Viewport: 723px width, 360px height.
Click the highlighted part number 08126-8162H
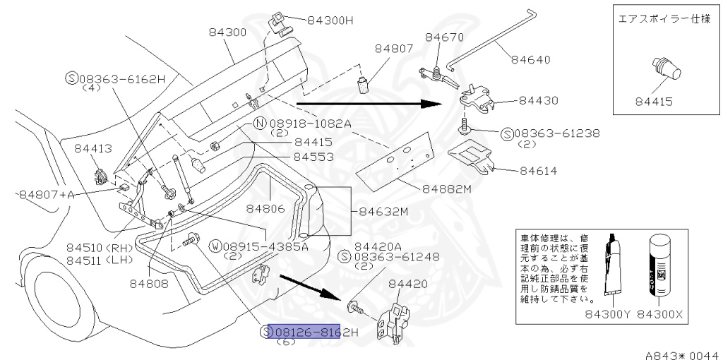click(x=304, y=332)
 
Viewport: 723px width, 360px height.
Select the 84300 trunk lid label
click(x=227, y=32)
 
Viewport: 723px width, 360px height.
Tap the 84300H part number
click(x=330, y=20)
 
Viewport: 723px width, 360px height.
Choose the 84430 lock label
click(x=539, y=101)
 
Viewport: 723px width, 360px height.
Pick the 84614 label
click(x=539, y=170)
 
